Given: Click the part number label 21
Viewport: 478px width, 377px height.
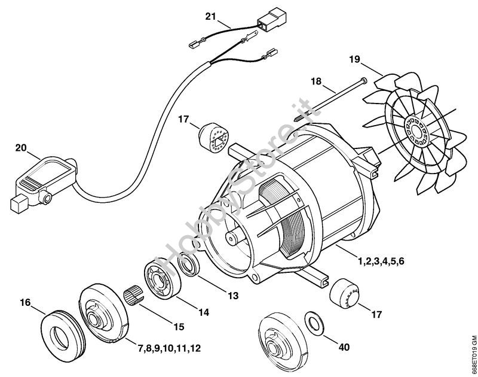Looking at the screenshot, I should [210, 16].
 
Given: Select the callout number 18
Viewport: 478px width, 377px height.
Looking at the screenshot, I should [316, 80].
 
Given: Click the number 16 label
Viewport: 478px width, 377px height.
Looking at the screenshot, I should [24, 303].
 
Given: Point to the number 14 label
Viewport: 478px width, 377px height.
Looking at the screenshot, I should [204, 312].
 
